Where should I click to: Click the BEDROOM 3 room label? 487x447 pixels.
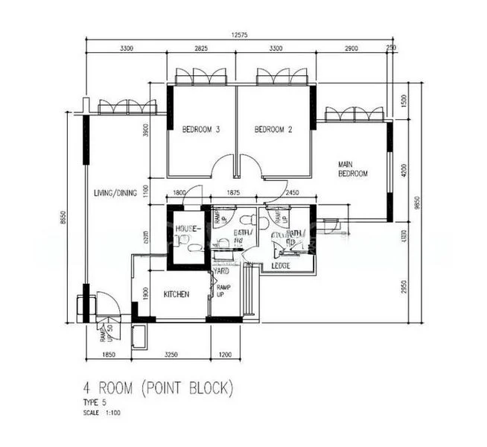(x=201, y=129)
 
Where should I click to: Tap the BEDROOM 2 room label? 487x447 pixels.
(x=273, y=129)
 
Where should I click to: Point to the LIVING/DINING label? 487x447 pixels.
(x=115, y=194)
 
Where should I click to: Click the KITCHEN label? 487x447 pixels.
(x=176, y=294)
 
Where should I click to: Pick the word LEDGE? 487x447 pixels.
(x=281, y=266)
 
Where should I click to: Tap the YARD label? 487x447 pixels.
(x=222, y=272)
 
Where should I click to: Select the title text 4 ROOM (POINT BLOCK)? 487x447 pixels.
(x=159, y=388)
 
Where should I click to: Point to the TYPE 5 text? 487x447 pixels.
(x=95, y=403)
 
